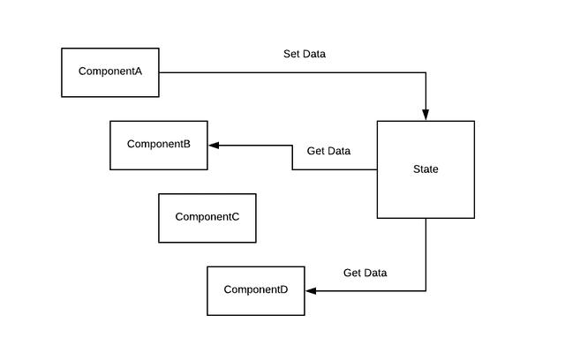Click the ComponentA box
click(110, 72)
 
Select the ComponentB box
click(159, 145)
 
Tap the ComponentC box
click(207, 218)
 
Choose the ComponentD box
click(256, 290)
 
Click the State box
click(426, 169)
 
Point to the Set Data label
click(304, 54)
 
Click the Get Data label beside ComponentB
click(328, 151)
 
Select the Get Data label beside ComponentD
click(365, 273)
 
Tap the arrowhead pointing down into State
click(426, 115)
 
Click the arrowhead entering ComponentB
click(214, 145)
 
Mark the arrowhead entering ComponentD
click(311, 290)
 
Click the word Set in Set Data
click(291, 54)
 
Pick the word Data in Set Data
click(313, 54)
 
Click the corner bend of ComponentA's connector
click(426, 72)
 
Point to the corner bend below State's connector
click(426, 290)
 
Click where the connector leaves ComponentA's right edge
click(160, 72)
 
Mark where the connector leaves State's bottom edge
click(426, 218)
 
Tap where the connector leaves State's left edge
click(377, 169)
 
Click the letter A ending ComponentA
click(138, 71)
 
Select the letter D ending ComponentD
click(283, 290)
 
